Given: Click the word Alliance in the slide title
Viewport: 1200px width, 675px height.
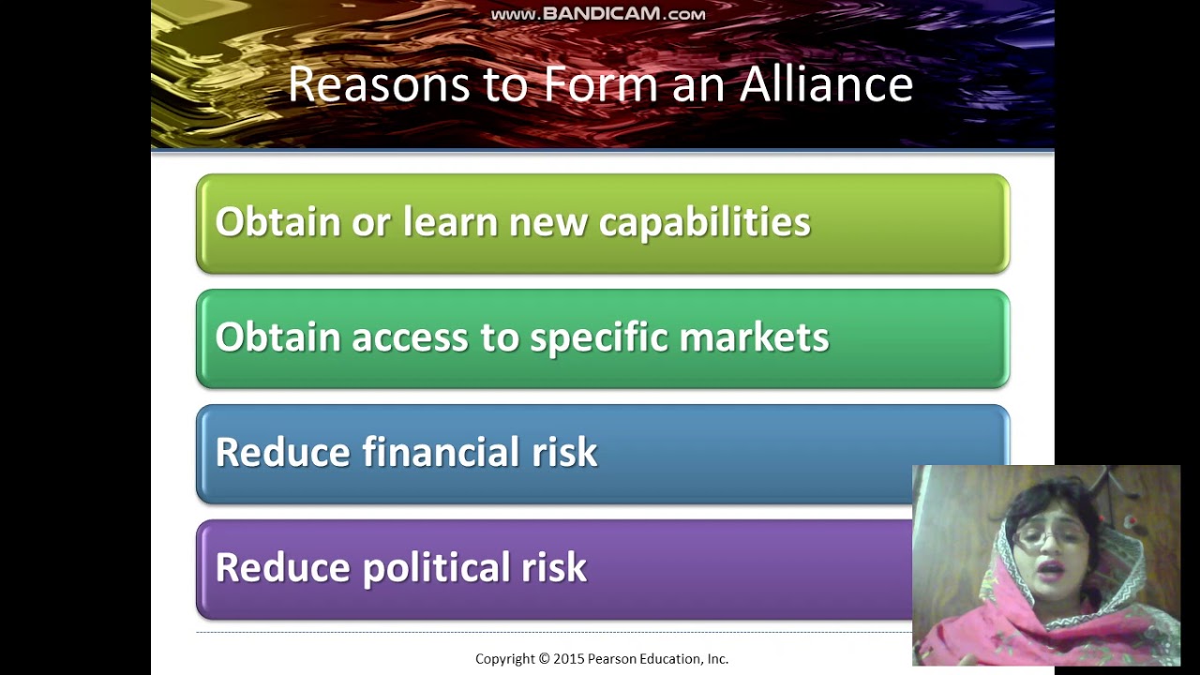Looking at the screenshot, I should coord(826,84).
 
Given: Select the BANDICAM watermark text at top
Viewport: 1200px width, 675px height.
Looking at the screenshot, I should coord(598,14).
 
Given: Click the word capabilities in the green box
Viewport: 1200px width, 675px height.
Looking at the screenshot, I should coord(704,222).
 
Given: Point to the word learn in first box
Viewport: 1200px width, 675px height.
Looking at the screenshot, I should coord(449,222).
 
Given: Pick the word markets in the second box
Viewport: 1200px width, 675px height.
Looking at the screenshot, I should coord(754,337).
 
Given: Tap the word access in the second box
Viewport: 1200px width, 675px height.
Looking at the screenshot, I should coord(409,337).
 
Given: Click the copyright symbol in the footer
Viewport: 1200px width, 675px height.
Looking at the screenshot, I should coord(544,659).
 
